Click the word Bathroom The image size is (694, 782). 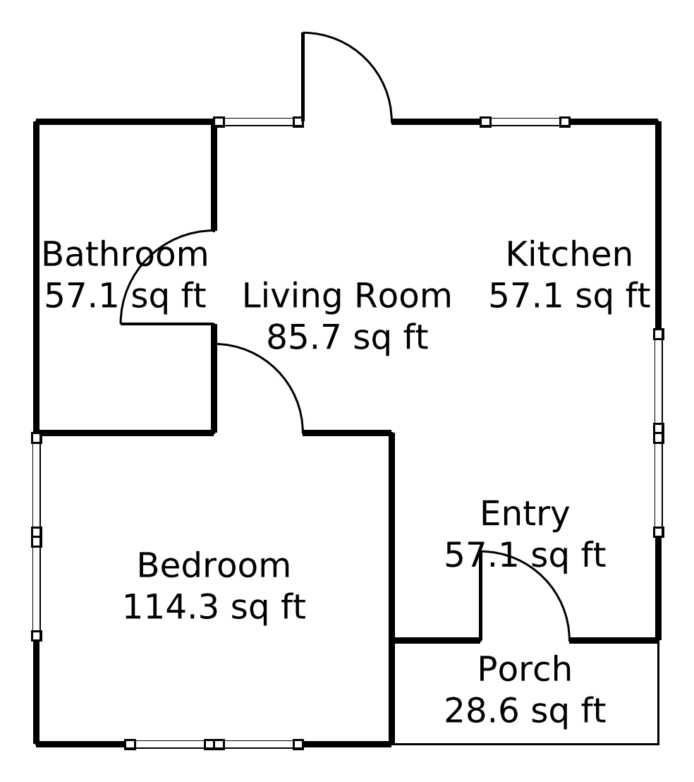click(125, 254)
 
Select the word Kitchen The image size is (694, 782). click(569, 254)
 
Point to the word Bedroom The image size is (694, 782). click(214, 565)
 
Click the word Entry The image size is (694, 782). click(525, 514)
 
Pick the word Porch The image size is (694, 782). click(525, 669)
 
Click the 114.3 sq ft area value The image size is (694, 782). click(214, 607)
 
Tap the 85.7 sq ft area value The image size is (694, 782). click(347, 337)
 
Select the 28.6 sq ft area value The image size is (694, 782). click(525, 711)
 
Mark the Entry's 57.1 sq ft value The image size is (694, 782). click(525, 555)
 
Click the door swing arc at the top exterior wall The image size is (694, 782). click(365, 59)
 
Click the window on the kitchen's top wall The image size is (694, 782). click(525, 121)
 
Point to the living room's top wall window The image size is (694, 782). click(258, 121)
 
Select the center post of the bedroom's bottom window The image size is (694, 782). click(214, 744)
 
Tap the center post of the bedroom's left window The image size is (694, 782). click(37, 536)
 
